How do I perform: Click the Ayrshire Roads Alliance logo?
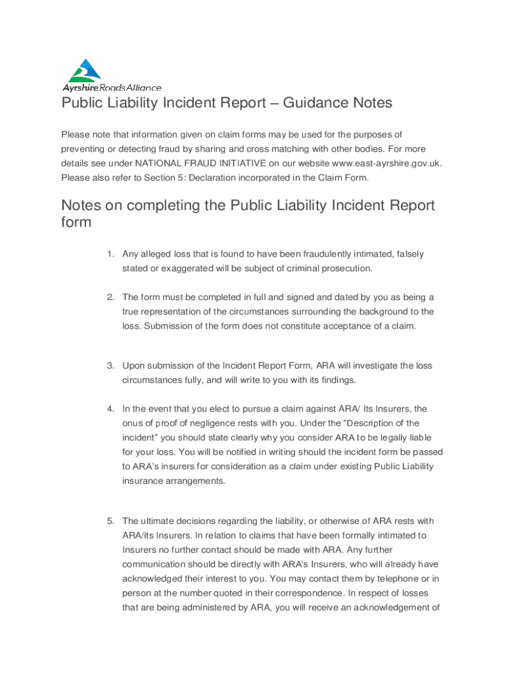pos(110,75)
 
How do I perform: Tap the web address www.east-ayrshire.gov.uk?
pos(386,163)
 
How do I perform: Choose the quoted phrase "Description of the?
pos(377,423)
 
